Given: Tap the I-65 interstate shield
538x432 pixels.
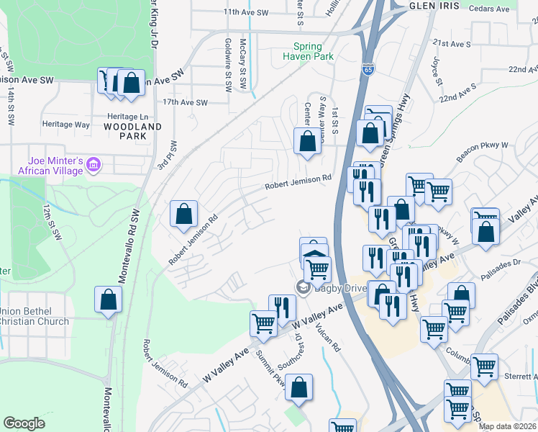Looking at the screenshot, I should (368, 70).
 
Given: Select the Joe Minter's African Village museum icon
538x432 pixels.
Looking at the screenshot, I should (92, 166).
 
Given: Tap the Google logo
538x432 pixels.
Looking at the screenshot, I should (24, 423).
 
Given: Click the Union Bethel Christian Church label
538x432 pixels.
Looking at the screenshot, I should (35, 317).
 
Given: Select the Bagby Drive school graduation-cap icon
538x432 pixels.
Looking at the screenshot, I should (302, 287).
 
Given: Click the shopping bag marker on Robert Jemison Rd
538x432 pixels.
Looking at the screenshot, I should (184, 214).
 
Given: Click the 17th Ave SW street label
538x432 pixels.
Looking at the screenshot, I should (185, 102).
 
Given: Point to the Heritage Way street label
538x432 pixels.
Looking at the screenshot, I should (68, 125).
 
